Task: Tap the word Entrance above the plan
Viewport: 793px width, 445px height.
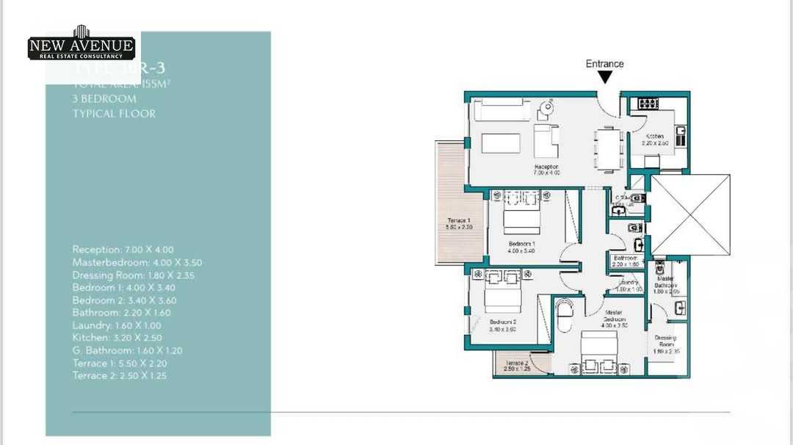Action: (604, 64)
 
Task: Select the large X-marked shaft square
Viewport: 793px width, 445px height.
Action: (690, 214)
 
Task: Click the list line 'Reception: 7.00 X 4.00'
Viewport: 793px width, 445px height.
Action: (123, 250)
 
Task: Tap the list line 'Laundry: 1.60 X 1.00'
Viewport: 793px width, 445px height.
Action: (117, 325)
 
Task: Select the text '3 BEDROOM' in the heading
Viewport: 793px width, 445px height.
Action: (104, 98)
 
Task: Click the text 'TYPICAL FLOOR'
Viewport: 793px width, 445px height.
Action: (114, 113)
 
